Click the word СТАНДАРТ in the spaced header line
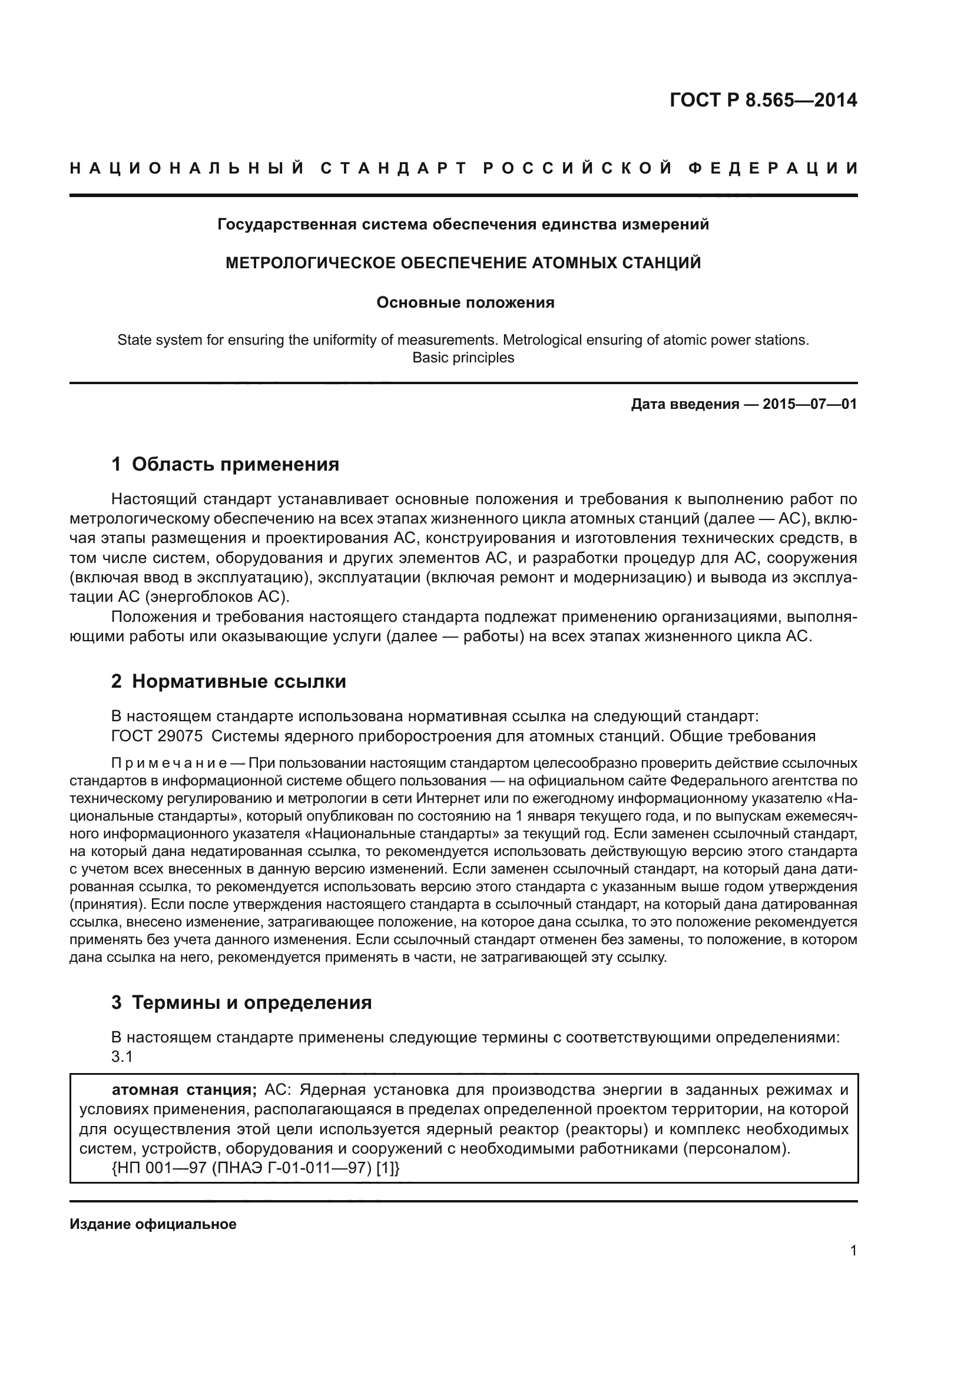coord(393,168)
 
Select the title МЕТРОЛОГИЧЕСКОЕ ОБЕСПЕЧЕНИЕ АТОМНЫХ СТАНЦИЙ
coord(463,263)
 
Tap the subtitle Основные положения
coord(465,302)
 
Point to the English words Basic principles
coord(463,358)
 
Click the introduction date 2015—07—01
coord(810,404)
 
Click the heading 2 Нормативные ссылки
coord(228,681)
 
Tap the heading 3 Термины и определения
coord(241,1002)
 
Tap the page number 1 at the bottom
coord(853,1251)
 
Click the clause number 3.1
coord(122,1057)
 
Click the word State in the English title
coord(132,341)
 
